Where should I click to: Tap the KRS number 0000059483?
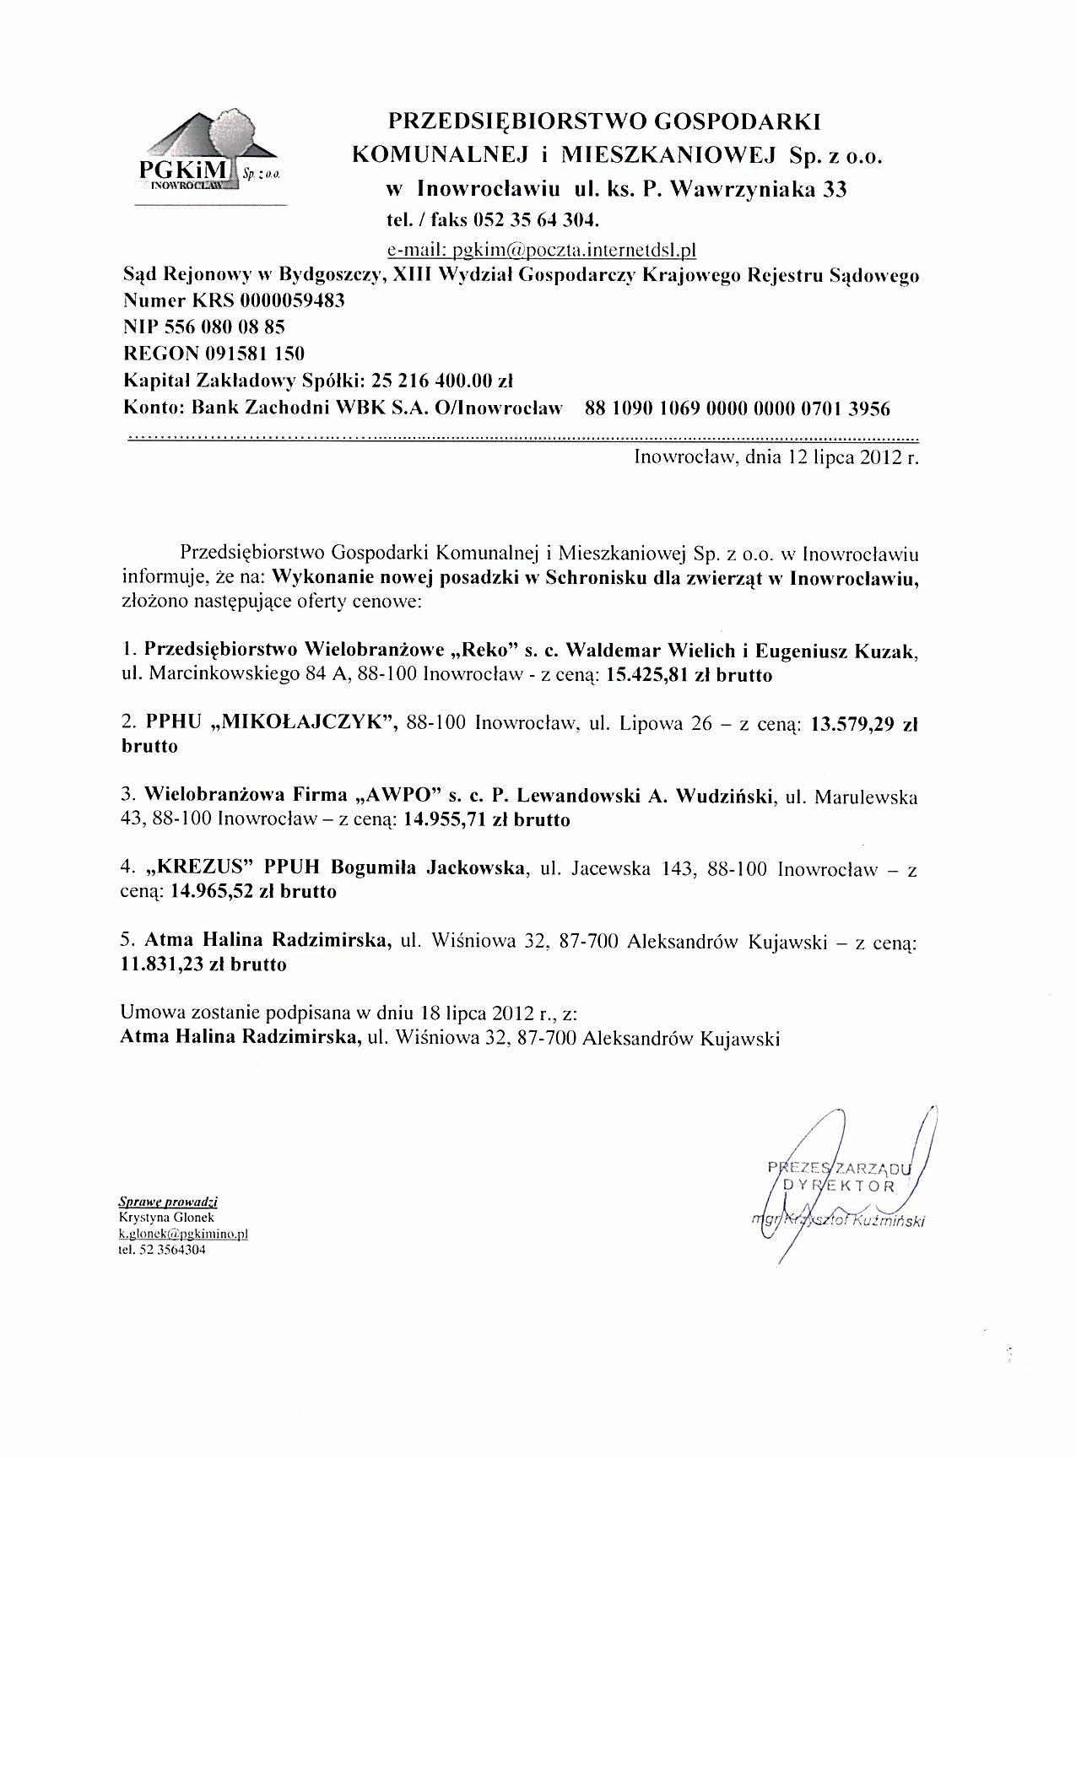(293, 301)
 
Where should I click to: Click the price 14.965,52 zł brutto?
(253, 891)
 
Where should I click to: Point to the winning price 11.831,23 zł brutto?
(203, 964)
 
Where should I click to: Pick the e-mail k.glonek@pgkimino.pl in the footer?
(183, 1233)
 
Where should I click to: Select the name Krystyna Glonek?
(167, 1218)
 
